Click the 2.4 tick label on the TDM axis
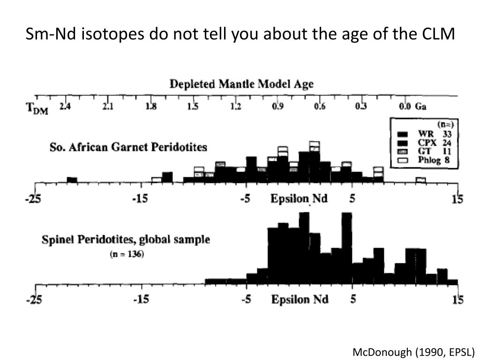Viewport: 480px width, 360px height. [x=65, y=106]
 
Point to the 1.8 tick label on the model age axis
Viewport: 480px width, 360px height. [x=150, y=106]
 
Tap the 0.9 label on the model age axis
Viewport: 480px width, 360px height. [x=277, y=106]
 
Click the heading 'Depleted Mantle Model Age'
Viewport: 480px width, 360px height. [x=241, y=84]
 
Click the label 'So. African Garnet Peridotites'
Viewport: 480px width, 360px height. [x=128, y=147]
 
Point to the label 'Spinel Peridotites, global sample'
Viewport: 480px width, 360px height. [x=126, y=240]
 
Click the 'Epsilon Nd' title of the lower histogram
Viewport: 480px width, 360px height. [x=300, y=299]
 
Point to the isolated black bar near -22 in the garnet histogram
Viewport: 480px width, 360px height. [x=72, y=180]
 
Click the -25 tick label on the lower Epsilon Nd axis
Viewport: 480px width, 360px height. [x=33, y=300]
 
